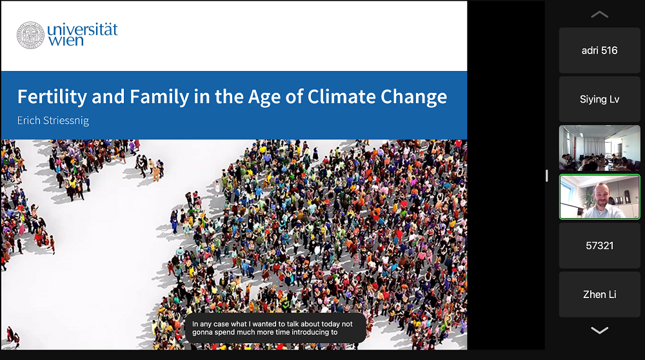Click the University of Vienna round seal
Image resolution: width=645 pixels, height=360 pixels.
30,35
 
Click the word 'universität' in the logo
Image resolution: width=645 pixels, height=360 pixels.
83,30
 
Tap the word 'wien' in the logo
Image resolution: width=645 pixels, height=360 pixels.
66,41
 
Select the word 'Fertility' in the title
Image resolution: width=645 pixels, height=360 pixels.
52,97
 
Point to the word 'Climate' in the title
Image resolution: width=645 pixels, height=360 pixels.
341,97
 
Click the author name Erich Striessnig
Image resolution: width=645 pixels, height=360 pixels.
53,121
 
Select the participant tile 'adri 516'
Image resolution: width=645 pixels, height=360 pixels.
599,50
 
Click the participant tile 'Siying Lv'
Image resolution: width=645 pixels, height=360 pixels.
599,99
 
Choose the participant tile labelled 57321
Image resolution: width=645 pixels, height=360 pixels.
599,246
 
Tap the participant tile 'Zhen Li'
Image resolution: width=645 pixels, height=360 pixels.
599,295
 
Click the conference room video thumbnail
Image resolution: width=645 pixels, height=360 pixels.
599,148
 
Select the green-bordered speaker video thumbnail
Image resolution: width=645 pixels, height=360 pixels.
599,197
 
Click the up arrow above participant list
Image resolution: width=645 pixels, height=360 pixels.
599,15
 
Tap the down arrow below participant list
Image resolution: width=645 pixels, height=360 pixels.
599,330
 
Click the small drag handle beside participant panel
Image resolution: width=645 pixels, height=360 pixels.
547,175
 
